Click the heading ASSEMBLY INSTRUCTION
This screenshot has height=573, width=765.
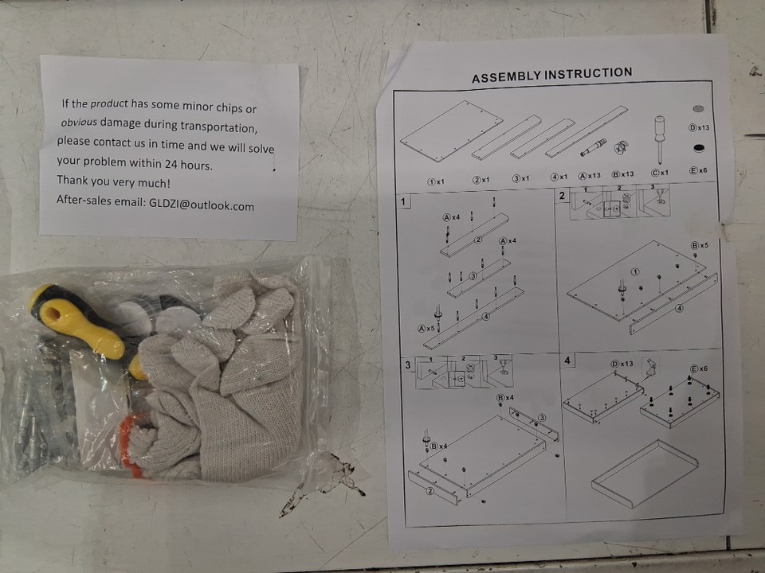click(551, 75)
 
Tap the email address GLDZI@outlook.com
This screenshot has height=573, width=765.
click(202, 205)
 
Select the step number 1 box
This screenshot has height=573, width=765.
click(403, 201)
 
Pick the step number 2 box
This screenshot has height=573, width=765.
click(563, 196)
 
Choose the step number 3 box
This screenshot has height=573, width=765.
click(408, 364)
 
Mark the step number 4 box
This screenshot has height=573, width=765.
click(567, 361)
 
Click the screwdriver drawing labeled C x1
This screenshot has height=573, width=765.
click(659, 139)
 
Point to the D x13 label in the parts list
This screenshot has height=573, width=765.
click(699, 127)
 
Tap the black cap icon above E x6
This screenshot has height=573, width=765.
click(699, 148)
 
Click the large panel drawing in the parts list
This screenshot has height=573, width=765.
click(451, 131)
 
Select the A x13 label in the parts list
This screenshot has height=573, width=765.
click(590, 175)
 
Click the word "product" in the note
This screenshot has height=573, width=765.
click(109, 103)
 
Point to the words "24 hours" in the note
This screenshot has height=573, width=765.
click(188, 164)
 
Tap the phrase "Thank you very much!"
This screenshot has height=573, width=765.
click(114, 181)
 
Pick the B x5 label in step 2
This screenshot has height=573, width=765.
click(699, 245)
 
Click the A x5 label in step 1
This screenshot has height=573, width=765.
click(426, 329)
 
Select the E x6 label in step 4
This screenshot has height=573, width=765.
click(699, 368)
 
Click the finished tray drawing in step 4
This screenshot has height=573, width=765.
click(645, 473)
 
